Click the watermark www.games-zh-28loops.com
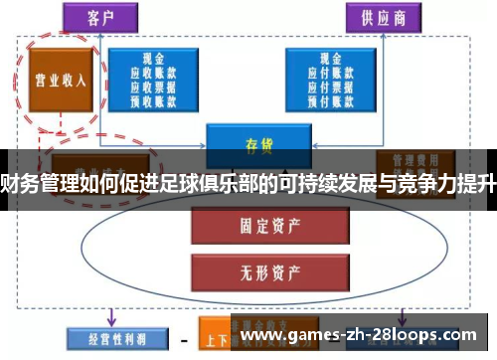coord(364,337)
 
